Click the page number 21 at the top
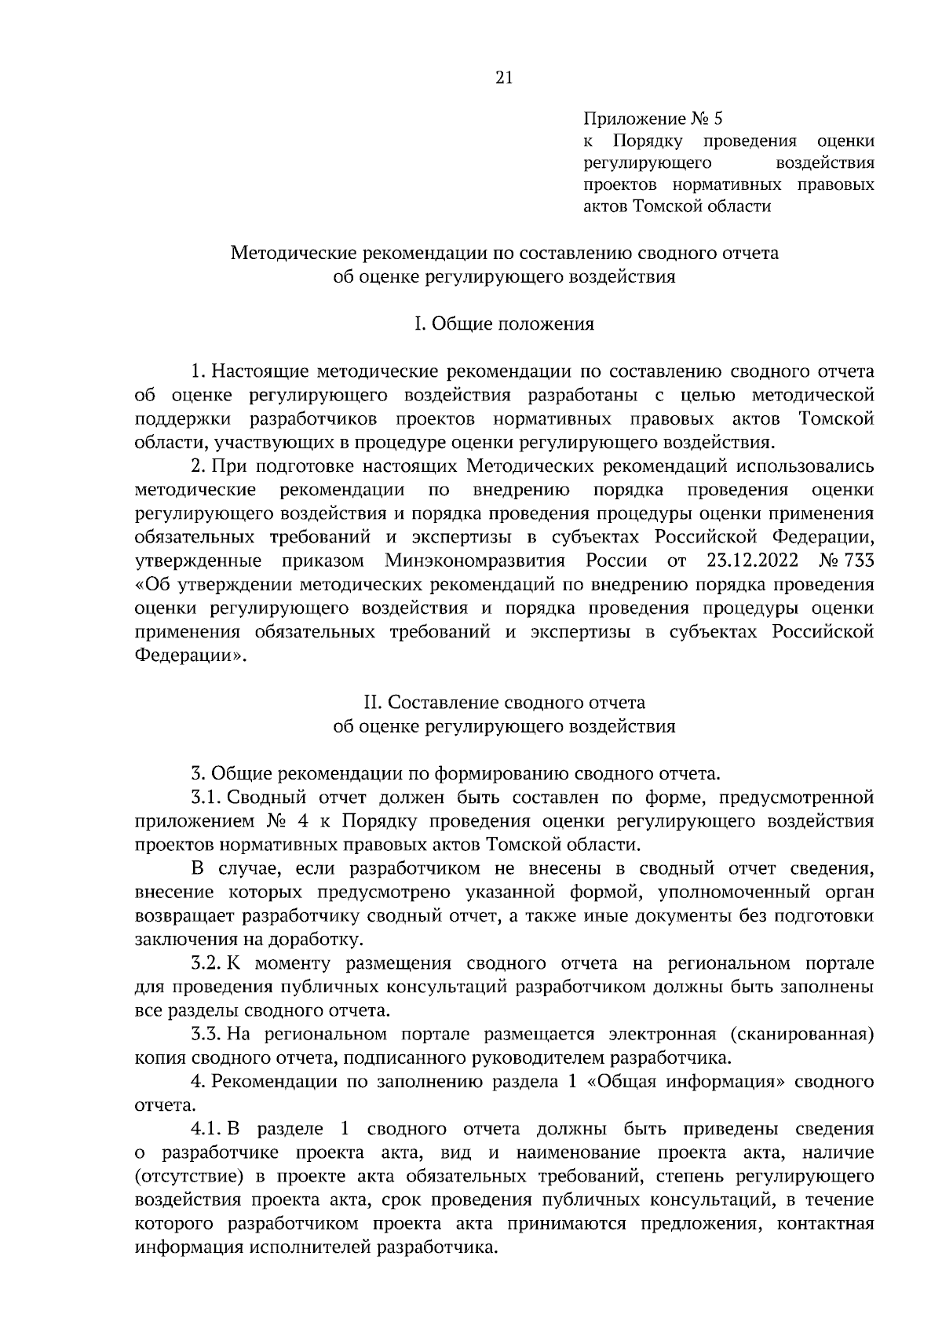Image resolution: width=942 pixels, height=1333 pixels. tap(503, 77)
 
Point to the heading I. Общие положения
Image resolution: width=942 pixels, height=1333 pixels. tap(504, 324)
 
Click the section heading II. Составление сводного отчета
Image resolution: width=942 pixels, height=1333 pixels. tap(504, 701)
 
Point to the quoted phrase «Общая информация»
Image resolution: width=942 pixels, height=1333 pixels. tap(688, 1082)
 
